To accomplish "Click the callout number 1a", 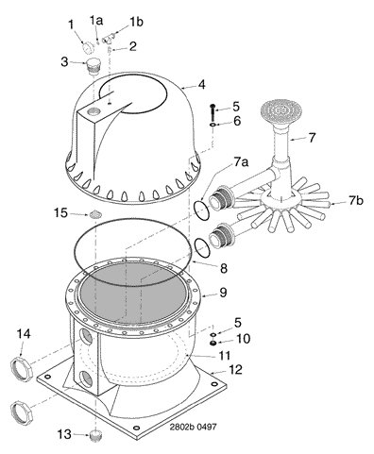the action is pos(96,21).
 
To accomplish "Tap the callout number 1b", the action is pos(136,22).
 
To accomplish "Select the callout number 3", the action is pos(64,62).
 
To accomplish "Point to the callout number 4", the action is pos(201,84).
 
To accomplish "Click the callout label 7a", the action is pos(240,162).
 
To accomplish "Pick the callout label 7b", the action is pos(355,200).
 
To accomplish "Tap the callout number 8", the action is pos(223,268).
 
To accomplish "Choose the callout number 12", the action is pos(236,369).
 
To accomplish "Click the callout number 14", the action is pos(24,334).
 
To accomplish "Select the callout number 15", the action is pos(60,213).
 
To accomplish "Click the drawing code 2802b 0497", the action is pos(193,427).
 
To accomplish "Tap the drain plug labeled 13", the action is pos(94,436).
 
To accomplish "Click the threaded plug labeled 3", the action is pos(93,65).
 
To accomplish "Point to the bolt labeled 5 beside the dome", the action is pos(213,111).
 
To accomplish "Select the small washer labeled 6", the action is pos(213,126).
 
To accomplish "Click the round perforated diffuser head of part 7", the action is pos(281,111).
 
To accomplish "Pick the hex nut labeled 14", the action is pos(22,369).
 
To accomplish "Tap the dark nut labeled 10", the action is pos(213,343).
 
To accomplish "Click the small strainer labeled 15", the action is pos(94,215).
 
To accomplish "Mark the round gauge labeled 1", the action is pos(88,48).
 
